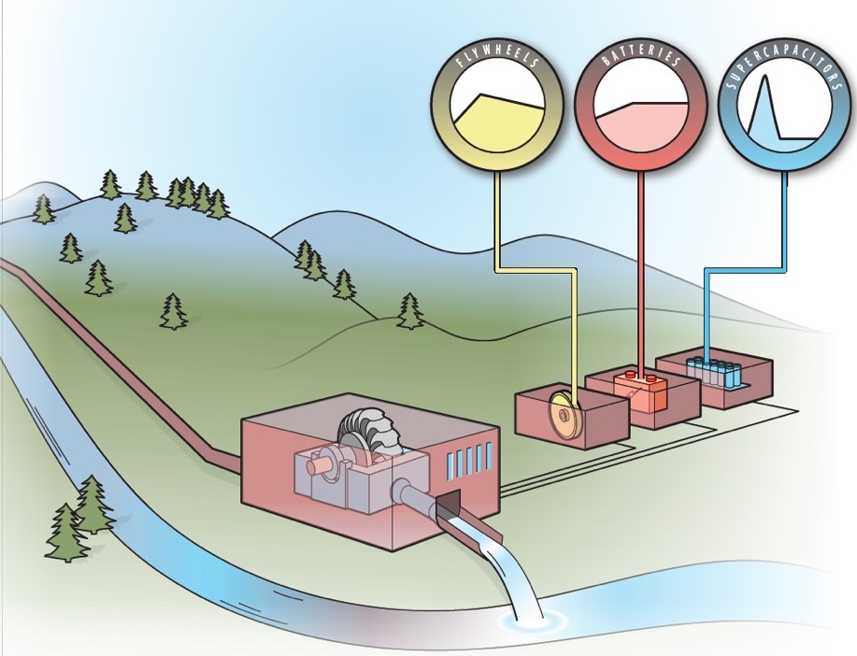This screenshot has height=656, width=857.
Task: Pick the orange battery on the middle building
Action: tap(640, 385)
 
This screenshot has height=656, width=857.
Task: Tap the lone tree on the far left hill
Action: tap(43, 209)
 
